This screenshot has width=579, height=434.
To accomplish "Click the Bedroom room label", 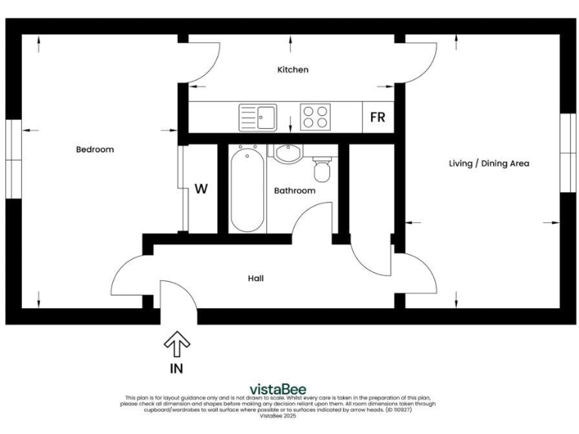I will tap(95, 149).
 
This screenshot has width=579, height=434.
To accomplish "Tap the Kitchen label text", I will tap(293, 69).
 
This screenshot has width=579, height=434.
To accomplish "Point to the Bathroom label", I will tap(294, 191).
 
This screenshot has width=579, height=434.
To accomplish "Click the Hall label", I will tap(256, 278).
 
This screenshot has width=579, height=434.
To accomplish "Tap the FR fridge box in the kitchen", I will tap(378, 118).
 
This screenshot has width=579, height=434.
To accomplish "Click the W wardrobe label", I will tap(201, 188).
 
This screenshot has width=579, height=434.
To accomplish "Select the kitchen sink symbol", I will tap(258, 118).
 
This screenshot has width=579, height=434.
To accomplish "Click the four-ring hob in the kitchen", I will tap(316, 117).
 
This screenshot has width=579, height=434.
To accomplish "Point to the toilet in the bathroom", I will tap(322, 170).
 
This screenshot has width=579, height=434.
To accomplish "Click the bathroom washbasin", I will tap(286, 154).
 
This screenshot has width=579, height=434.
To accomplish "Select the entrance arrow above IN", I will tap(177, 344).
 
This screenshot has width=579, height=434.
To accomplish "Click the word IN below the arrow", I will tap(176, 369).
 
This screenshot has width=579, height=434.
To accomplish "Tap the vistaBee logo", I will tap(278, 389).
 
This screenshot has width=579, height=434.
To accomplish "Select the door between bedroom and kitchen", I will tap(202, 60).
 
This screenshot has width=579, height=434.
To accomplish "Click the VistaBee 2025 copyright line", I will tap(278, 415).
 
